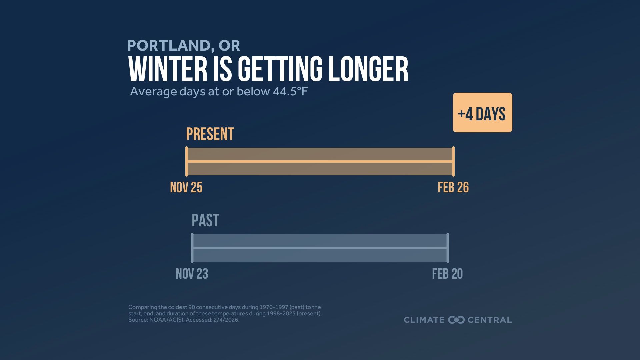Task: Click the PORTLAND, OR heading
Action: (x=183, y=46)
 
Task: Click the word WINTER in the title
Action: (x=168, y=69)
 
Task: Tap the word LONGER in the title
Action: (x=368, y=69)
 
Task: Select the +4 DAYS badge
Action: (x=482, y=113)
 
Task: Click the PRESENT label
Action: (x=210, y=134)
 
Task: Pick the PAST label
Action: (x=205, y=221)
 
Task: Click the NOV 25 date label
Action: (x=186, y=187)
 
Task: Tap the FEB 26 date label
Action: (x=453, y=187)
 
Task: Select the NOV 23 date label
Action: (x=192, y=274)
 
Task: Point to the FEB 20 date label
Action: (x=447, y=274)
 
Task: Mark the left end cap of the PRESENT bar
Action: (x=187, y=161)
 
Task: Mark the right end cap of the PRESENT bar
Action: (x=453, y=161)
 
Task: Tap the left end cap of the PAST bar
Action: (x=192, y=248)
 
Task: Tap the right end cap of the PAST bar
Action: (x=448, y=248)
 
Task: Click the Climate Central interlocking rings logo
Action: (x=456, y=320)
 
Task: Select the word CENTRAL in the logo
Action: (x=489, y=320)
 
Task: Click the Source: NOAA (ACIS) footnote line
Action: (x=184, y=320)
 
